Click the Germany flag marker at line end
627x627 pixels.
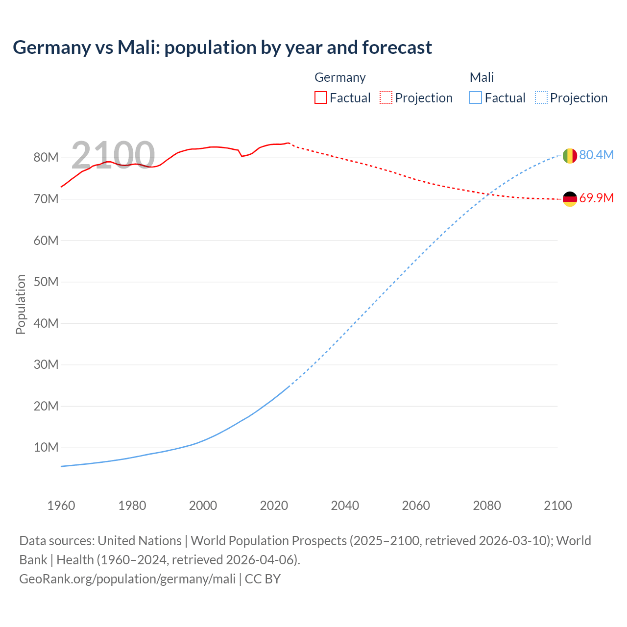(x=570, y=199)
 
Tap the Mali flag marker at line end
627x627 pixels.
(x=570, y=156)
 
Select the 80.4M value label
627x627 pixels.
(x=596, y=155)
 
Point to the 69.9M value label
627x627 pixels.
(x=596, y=198)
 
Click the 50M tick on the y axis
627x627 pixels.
(x=46, y=282)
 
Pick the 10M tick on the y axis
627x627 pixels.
(x=46, y=447)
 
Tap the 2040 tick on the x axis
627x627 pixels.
(x=345, y=506)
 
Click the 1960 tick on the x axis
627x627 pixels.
(x=61, y=506)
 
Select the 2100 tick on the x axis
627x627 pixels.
(x=557, y=506)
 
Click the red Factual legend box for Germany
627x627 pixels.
(x=321, y=97)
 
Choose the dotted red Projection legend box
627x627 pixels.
(x=386, y=97)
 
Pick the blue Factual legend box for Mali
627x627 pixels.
(x=476, y=97)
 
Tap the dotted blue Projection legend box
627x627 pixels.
(x=541, y=97)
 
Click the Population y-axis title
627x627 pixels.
(x=21, y=304)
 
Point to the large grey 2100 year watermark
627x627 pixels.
(x=113, y=155)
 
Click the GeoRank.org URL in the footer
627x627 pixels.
(x=127, y=579)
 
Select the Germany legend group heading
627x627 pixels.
(x=340, y=77)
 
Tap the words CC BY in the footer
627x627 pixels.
(x=263, y=579)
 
